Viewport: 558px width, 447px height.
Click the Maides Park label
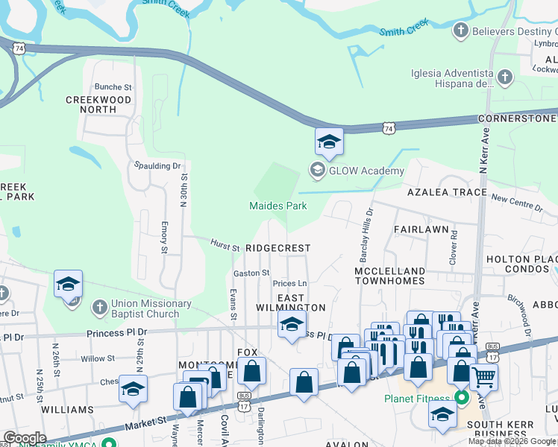278,206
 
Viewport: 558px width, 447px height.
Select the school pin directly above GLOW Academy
328,142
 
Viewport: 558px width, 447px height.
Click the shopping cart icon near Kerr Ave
484,377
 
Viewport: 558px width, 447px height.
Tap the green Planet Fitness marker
462,398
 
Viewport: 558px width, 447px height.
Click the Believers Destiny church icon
461,31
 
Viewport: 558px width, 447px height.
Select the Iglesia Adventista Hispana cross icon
505,77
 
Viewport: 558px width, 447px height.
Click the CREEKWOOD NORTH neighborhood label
98,104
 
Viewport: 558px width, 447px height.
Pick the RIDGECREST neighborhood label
278,247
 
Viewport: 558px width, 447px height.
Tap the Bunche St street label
113,87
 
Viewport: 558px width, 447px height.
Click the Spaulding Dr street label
157,165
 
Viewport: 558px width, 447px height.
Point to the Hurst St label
224,245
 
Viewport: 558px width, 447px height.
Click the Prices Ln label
289,284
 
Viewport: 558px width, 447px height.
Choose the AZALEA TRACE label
446,192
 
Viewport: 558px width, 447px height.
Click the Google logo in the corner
25,438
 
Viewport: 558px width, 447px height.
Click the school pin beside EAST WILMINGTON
292,324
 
